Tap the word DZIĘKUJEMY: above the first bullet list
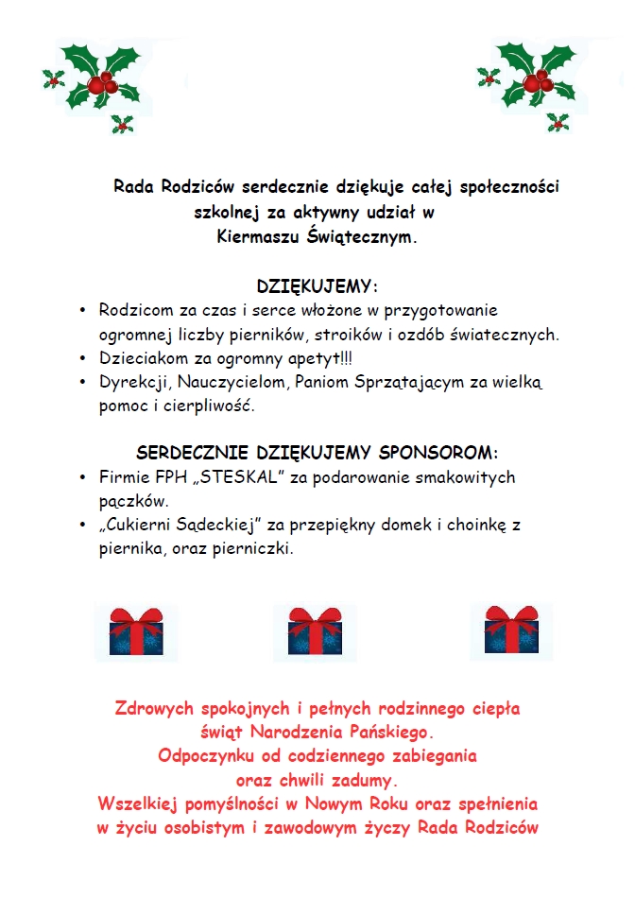tap(317, 286)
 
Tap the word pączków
tap(133, 502)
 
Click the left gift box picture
tap(136, 630)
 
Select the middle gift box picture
tap(315, 630)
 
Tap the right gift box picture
tap(512, 629)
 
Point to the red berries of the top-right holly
tap(537, 83)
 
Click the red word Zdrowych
tap(154, 707)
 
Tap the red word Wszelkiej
tap(140, 804)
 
